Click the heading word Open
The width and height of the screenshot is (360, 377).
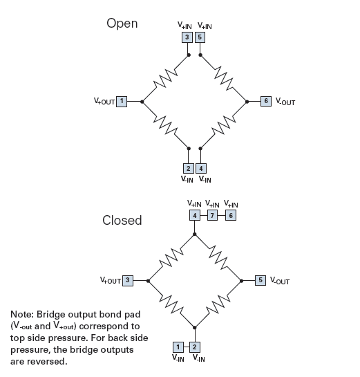[x=122, y=24]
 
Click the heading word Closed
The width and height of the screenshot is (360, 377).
[x=122, y=220]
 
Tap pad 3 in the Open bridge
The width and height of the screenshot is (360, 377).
[x=187, y=37]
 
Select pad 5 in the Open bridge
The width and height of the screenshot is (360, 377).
[x=200, y=37]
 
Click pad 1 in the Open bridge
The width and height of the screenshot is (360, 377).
[x=122, y=102]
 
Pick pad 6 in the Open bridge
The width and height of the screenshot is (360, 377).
[x=266, y=101]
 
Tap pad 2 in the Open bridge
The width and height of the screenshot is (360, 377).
[x=189, y=168]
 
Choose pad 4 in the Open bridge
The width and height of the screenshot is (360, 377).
[x=201, y=168]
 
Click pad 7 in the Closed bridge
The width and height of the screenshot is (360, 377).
[x=212, y=215]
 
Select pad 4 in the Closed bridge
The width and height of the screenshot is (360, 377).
[x=195, y=215]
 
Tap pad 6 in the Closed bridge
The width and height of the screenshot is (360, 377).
[x=231, y=215]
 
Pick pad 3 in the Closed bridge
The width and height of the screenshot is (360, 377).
[x=128, y=281]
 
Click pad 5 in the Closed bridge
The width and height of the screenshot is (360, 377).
[x=260, y=280]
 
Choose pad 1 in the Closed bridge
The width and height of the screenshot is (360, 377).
[x=178, y=347]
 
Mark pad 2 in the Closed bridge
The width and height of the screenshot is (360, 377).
[x=195, y=347]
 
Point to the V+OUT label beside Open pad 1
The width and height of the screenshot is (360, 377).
[x=104, y=101]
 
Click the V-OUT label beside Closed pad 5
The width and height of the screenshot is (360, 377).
[x=280, y=280]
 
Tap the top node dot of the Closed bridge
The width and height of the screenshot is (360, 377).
[x=195, y=235]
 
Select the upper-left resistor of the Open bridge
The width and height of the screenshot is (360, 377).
[x=165, y=78]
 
